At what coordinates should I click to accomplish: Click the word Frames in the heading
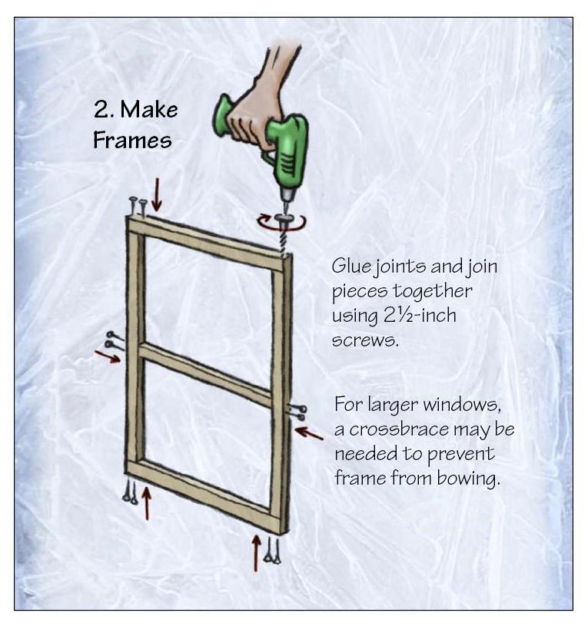pyautogui.click(x=132, y=140)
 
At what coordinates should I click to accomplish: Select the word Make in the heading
pyautogui.click(x=148, y=109)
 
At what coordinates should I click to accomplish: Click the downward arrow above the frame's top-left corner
pyautogui.click(x=157, y=195)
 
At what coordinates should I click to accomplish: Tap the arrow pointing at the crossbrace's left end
pyautogui.click(x=108, y=356)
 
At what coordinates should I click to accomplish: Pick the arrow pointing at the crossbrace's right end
pyautogui.click(x=308, y=433)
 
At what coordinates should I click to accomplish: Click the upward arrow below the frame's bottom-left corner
pyautogui.click(x=147, y=503)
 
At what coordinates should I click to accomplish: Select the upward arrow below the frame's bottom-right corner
pyautogui.click(x=256, y=553)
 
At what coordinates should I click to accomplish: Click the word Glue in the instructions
pyautogui.click(x=351, y=267)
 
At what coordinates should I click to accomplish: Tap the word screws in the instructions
pyautogui.click(x=365, y=340)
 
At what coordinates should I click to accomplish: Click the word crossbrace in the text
pyautogui.click(x=404, y=429)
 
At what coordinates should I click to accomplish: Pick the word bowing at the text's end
pyautogui.click(x=468, y=478)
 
